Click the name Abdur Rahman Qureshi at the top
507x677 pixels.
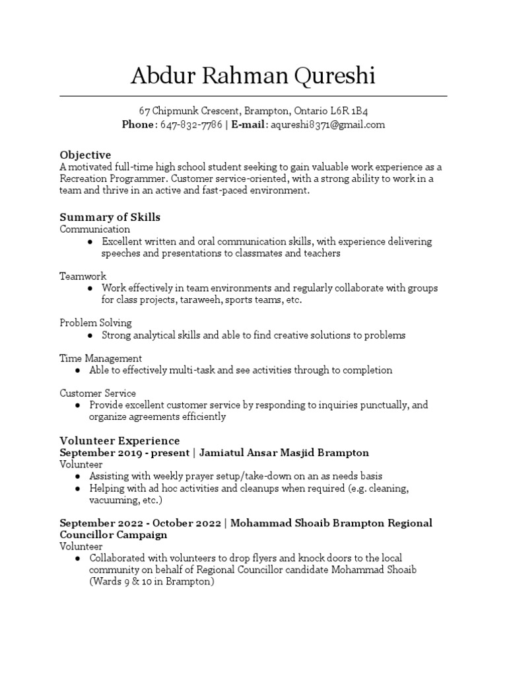tap(253, 77)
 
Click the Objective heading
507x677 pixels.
tap(85, 155)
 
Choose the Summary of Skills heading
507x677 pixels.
tap(110, 217)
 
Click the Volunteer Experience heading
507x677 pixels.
tap(119, 440)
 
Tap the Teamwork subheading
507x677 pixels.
tap(83, 276)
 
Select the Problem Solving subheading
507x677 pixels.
tap(96, 323)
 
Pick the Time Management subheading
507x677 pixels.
tap(100, 358)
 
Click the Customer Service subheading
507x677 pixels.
tap(98, 393)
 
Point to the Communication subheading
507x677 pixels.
tap(95, 229)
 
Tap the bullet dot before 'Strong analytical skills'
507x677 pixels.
tap(90, 336)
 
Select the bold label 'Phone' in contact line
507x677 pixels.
tap(137, 124)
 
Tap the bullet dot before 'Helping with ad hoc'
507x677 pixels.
tap(78, 489)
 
